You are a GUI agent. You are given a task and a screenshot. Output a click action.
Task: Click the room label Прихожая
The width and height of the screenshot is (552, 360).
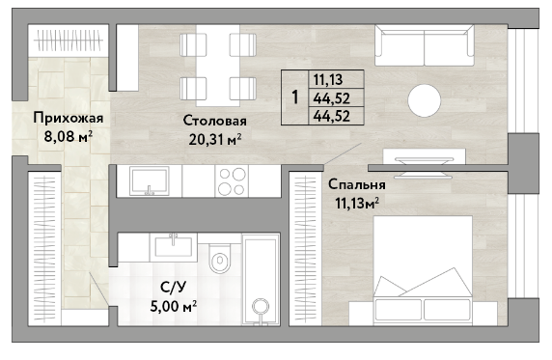[x=69, y=119]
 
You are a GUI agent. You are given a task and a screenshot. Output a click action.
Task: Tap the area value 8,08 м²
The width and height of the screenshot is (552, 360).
[x=69, y=136]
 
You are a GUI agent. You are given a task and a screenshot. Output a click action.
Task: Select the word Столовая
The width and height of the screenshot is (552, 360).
[x=215, y=121]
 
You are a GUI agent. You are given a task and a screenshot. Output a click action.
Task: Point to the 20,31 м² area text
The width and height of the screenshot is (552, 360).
[x=215, y=140]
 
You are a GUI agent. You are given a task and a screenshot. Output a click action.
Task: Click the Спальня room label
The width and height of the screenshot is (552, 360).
[x=357, y=185]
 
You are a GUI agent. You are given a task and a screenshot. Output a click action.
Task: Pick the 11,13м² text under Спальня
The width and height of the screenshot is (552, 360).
[x=357, y=204]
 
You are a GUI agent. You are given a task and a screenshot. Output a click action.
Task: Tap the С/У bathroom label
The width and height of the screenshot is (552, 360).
[x=173, y=288]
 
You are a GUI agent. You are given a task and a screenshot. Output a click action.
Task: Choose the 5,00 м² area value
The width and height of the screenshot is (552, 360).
[x=173, y=307]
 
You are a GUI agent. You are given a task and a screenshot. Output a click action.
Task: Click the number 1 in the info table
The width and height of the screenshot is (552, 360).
[x=295, y=97]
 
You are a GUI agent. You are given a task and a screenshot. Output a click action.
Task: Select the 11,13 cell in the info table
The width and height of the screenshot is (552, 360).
[x=328, y=79]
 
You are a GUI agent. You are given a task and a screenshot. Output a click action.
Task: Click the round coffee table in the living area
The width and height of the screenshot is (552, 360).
[x=425, y=100]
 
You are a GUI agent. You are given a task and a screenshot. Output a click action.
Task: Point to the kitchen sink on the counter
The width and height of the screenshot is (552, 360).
[x=150, y=181]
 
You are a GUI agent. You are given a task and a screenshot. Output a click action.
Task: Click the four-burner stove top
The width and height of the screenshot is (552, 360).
[x=232, y=181]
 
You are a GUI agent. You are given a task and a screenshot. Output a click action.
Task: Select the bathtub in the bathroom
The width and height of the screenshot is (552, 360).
[x=261, y=280]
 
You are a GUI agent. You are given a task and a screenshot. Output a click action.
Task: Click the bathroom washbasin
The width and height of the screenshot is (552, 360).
[x=173, y=246]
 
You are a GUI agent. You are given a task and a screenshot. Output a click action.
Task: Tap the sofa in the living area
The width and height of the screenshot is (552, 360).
[x=425, y=45]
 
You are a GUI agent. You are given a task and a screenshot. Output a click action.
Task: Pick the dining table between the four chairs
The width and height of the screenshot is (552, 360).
[x=218, y=66]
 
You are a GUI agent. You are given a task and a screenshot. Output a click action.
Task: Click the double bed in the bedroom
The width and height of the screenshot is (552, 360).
[x=423, y=270]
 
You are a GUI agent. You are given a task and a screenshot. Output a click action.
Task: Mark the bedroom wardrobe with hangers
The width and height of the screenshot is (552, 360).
[x=305, y=249]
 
